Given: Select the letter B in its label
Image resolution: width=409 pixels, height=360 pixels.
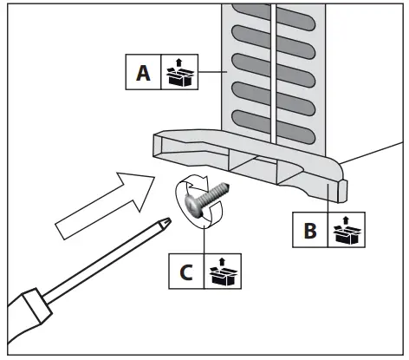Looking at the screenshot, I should [309, 231].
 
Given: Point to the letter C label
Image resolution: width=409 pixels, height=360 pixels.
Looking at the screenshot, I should [185, 272].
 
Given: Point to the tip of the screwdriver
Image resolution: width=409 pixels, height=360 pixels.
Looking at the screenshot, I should [167, 219].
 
